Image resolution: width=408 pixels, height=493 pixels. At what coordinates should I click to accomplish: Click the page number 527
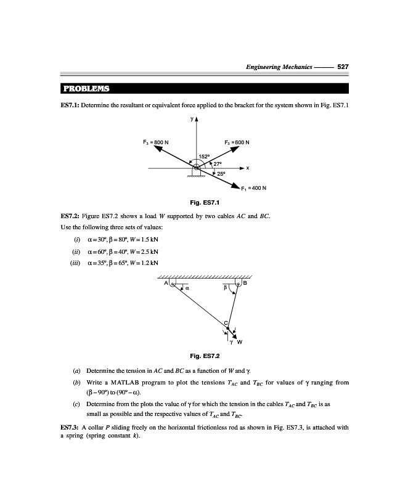click(343, 67)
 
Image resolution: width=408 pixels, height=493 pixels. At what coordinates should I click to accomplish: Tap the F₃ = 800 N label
click(154, 142)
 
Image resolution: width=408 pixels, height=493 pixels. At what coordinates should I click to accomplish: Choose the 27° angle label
click(217, 163)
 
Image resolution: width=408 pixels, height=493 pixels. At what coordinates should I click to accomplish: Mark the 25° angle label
click(219, 174)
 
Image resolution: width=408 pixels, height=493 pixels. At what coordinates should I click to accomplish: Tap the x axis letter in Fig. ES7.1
click(247, 168)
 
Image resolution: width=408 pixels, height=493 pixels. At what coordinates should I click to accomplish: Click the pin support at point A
click(173, 284)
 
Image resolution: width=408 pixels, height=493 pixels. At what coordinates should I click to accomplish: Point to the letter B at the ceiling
click(245, 283)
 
